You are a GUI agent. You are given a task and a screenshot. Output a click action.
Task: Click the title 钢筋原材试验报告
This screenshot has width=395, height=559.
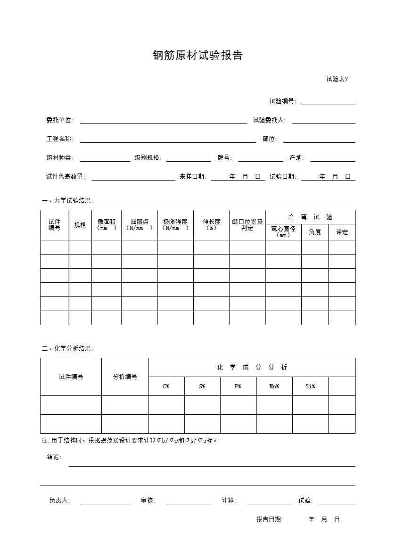pyautogui.click(x=197, y=56)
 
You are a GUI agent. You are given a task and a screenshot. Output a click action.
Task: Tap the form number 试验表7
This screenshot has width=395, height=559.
pyautogui.click(x=337, y=79)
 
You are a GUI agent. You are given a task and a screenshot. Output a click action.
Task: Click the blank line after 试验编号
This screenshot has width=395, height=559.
pyautogui.click(x=328, y=102)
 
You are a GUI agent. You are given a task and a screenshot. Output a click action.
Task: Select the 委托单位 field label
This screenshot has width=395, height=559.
pyautogui.click(x=59, y=120)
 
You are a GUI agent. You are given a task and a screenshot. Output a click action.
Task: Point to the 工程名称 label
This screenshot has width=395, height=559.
pyautogui.click(x=59, y=139)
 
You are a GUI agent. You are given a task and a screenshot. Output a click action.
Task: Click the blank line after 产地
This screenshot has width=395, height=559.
pyautogui.click(x=332, y=158)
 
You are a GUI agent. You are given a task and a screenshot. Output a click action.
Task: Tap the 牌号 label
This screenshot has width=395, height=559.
pyautogui.click(x=224, y=158)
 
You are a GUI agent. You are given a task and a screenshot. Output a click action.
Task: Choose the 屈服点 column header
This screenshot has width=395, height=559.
pyautogui.click(x=140, y=224)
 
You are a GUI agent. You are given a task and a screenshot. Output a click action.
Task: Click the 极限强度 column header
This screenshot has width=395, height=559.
pyautogui.click(x=175, y=224)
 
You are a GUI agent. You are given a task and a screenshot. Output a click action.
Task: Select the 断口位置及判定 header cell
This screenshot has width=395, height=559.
pyautogui.click(x=247, y=225)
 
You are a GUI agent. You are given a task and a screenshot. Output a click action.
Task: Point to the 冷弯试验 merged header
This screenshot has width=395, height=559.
pyautogui.click(x=310, y=217)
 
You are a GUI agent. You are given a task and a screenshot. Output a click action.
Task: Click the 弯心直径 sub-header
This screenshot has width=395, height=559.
pyautogui.click(x=283, y=231)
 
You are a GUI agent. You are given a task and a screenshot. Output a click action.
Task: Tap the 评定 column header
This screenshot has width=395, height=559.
pyautogui.click(x=342, y=232)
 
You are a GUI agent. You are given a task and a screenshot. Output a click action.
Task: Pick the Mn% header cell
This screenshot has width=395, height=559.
pyautogui.click(x=274, y=386)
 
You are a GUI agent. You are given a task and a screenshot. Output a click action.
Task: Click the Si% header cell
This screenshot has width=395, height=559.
pyautogui.click(x=310, y=386)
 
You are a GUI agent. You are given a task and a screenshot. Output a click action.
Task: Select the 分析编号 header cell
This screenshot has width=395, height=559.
pyautogui.click(x=125, y=377)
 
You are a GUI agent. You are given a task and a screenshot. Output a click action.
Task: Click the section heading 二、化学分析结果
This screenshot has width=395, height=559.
pyautogui.click(x=67, y=349)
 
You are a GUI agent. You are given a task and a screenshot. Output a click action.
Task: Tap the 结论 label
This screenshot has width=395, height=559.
pyautogui.click(x=54, y=457)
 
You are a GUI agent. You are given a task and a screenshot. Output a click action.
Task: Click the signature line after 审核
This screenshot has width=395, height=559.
pyautogui.click(x=189, y=501)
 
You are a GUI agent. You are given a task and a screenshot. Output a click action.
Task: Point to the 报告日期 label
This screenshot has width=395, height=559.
pyautogui.click(x=270, y=519)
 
